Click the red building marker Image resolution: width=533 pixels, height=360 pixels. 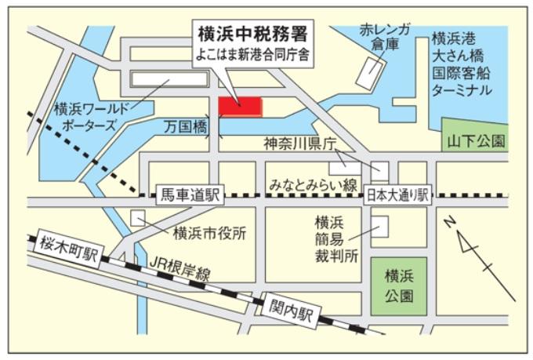click(x=240, y=106)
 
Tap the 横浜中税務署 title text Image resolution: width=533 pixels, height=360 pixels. click(x=252, y=35)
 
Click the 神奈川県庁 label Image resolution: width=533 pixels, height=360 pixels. click(x=299, y=144)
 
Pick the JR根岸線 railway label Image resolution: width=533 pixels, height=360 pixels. click(x=181, y=269)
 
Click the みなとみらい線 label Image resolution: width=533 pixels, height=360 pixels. click(x=313, y=185)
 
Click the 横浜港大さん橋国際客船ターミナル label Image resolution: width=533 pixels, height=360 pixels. click(x=463, y=64)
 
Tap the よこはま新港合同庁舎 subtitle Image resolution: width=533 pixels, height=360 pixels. click(x=252, y=57)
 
